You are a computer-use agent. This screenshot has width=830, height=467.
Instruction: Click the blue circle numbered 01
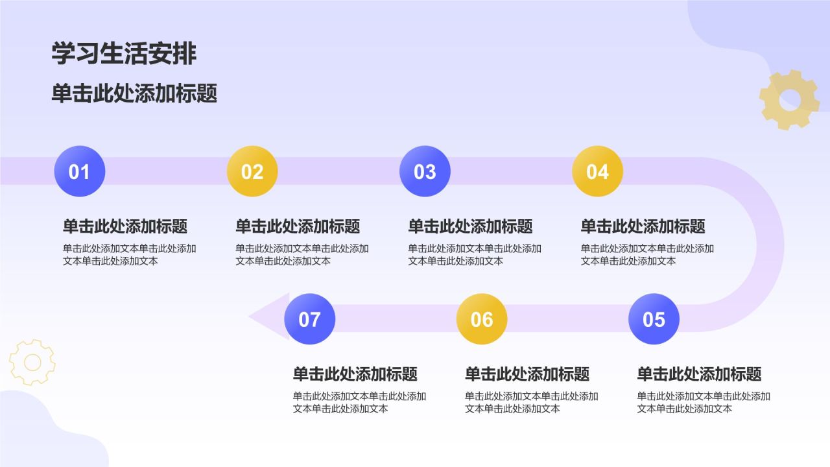pyautogui.click(x=79, y=171)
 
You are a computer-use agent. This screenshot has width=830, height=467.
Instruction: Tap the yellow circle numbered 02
pyautogui.click(x=252, y=171)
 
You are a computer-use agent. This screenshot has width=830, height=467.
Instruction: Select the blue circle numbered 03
pyautogui.click(x=425, y=171)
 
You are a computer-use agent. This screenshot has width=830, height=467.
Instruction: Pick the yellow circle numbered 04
pyautogui.click(x=597, y=171)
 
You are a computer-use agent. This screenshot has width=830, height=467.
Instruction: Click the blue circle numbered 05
pyautogui.click(x=654, y=319)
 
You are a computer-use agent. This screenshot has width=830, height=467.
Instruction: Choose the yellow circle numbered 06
pyautogui.click(x=482, y=319)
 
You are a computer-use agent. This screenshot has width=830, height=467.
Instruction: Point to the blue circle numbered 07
pyautogui.click(x=309, y=319)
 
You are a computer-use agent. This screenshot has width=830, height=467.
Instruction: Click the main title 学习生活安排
pyautogui.click(x=124, y=54)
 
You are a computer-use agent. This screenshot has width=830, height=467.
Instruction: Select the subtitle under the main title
pyautogui.click(x=134, y=94)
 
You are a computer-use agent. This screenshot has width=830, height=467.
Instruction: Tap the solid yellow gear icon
pyautogui.click(x=789, y=100)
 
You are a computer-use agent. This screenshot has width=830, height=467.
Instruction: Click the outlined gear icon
pyautogui.click(x=32, y=362)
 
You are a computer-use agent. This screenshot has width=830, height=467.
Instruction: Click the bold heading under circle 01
pyautogui.click(x=125, y=226)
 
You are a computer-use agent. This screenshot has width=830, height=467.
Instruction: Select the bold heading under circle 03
pyautogui.click(x=470, y=226)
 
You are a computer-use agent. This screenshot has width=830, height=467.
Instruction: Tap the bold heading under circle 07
pyautogui.click(x=355, y=374)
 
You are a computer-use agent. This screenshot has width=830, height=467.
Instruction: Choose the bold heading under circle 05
pyautogui.click(x=699, y=374)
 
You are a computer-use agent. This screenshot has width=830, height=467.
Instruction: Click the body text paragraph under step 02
pyautogui.click(x=302, y=254)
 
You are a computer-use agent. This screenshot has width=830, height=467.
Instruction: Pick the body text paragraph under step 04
pyautogui.click(x=646, y=254)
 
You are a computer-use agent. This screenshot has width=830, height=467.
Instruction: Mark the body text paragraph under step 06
pyautogui.click(x=531, y=402)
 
